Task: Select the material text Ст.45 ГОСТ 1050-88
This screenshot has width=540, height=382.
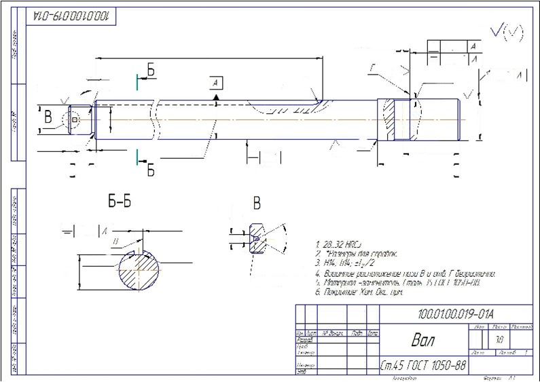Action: point(423,366)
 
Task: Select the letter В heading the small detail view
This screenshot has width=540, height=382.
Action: point(257,203)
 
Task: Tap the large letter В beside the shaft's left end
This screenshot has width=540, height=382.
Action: point(48,116)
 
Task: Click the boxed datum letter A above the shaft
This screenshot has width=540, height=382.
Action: point(215,83)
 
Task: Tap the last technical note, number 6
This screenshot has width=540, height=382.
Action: point(359,292)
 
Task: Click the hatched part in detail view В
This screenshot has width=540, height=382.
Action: point(256,239)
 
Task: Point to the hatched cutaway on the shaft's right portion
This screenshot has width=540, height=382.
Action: point(394,121)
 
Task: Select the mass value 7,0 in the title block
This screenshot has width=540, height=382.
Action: point(499,339)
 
